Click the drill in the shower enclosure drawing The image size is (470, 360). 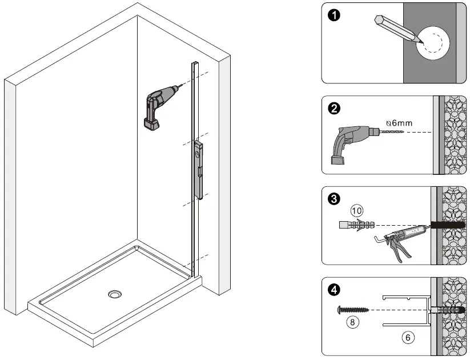(x=158, y=106)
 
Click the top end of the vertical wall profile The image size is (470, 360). (x=195, y=65)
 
